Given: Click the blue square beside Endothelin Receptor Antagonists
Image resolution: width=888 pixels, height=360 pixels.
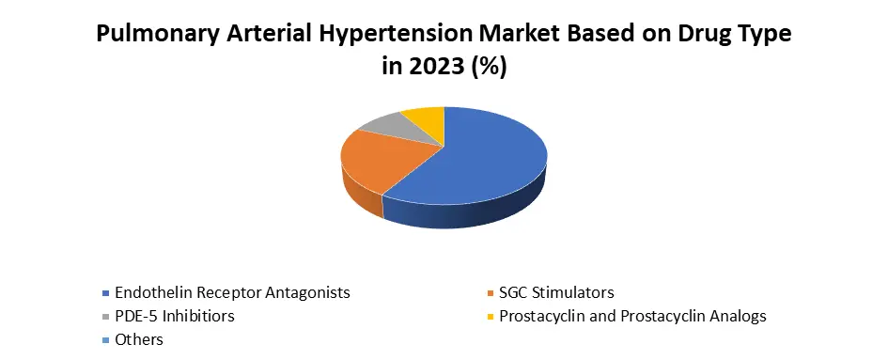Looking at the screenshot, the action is tap(105, 293).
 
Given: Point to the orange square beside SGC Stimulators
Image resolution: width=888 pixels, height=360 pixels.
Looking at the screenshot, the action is tap(491, 293).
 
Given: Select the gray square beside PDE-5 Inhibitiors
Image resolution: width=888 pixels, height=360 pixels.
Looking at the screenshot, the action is tap(105, 317).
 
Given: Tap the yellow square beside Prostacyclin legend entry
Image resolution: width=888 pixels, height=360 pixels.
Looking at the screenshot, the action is tap(491, 317).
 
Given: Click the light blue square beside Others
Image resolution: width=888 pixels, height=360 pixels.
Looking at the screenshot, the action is tap(105, 340).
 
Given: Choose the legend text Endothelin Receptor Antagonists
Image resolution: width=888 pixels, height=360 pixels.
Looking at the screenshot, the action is tap(232, 293).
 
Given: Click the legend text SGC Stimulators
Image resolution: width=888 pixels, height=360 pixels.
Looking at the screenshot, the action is tap(556, 292).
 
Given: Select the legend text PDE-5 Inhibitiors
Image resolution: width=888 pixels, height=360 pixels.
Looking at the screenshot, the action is tap(175, 316).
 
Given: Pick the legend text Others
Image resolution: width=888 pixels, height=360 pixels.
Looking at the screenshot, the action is tap(139, 339).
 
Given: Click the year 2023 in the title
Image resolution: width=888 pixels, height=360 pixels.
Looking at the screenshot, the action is tap(433, 67).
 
